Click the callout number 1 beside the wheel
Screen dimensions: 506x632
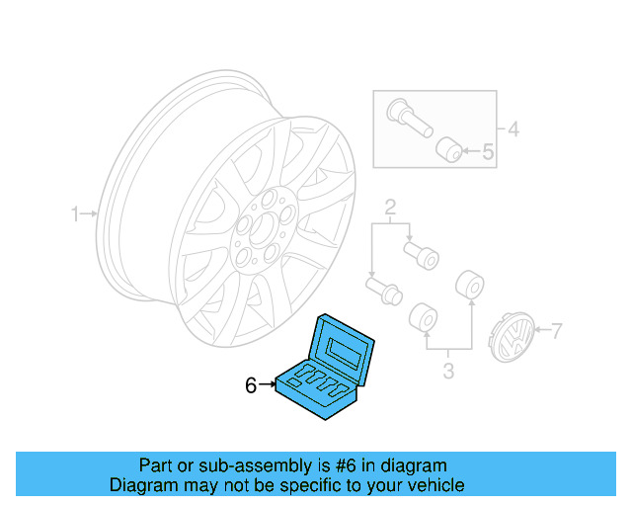tap(74, 213)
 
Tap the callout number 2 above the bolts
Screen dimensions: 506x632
tap(390, 208)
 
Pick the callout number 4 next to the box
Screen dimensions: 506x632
tap(513, 128)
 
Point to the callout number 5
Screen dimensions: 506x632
tap(487, 152)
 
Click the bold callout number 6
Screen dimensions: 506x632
tap(251, 385)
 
